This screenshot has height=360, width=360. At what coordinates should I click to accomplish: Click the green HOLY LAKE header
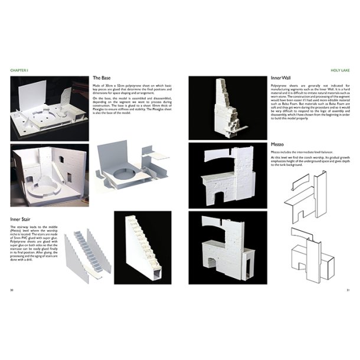tap(338, 70)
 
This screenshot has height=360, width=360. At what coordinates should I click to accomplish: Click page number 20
tap(12, 290)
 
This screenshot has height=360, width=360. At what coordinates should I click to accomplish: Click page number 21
tap(348, 290)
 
